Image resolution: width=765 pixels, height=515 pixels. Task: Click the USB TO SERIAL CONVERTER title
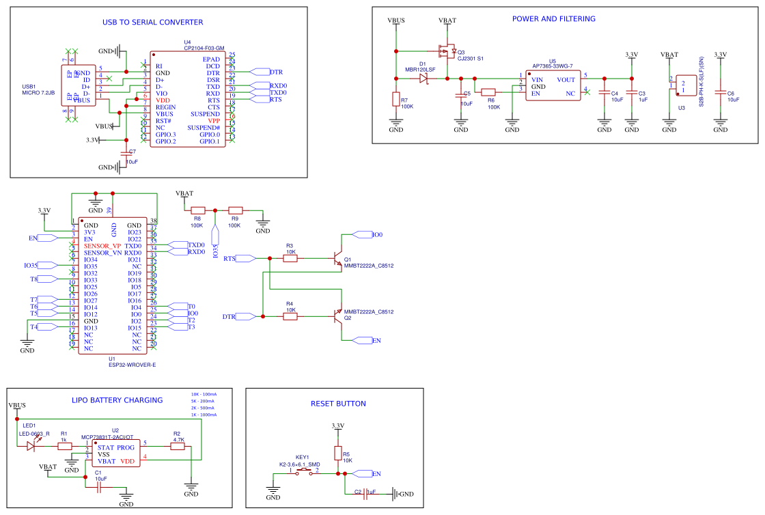coord(152,23)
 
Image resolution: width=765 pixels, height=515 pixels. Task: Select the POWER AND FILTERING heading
coord(553,19)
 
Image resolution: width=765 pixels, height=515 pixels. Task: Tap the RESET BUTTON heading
coord(338,404)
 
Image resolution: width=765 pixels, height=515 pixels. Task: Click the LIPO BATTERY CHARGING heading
coord(117,401)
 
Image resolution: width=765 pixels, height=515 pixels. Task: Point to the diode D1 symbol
coord(423,79)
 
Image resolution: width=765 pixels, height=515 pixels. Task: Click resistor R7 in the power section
coord(396,100)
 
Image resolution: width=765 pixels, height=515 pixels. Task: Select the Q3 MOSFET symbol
coord(447,51)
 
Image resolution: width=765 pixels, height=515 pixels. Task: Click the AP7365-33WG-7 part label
coord(552,66)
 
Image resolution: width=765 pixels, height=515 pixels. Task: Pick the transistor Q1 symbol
coord(337,260)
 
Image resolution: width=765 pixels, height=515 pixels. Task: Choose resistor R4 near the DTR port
coord(290,316)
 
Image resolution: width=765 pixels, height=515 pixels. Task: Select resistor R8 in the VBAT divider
coord(197,210)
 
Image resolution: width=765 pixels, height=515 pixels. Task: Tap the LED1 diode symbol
coord(31,446)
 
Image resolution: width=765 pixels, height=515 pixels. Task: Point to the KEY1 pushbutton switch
coord(304,473)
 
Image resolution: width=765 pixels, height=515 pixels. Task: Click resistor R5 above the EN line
coord(337,454)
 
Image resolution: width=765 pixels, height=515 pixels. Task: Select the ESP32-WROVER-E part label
coord(132,365)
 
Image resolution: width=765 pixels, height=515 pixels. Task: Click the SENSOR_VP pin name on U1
coord(102,246)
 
